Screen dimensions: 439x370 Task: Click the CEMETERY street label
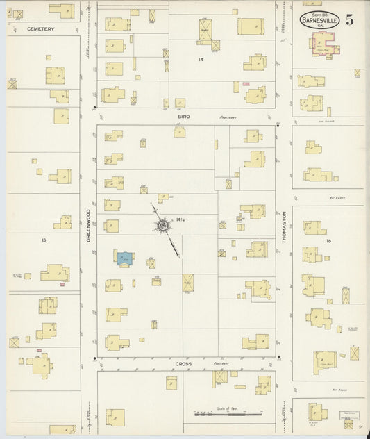coord(40,29)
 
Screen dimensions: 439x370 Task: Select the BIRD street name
coord(183,117)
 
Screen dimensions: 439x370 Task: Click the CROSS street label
coord(183,363)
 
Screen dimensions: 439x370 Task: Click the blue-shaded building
coord(125,258)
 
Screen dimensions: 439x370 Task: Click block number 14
coord(201,60)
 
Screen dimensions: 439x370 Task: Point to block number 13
coord(43,238)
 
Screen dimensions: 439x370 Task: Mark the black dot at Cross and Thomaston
coord(278,358)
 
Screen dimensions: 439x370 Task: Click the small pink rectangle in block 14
coord(246,84)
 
